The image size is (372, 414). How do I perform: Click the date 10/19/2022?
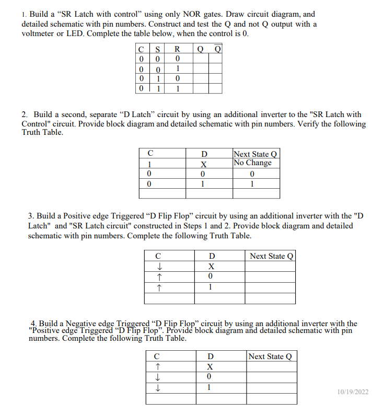[353, 392]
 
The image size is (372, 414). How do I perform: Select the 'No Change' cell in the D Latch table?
[252, 163]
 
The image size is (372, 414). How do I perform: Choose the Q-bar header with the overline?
[218, 50]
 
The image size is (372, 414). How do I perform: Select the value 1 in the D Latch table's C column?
[150, 163]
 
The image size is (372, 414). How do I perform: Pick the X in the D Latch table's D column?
[205, 163]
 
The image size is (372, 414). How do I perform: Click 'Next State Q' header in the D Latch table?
[256, 154]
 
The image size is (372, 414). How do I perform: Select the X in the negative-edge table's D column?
[209, 366]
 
